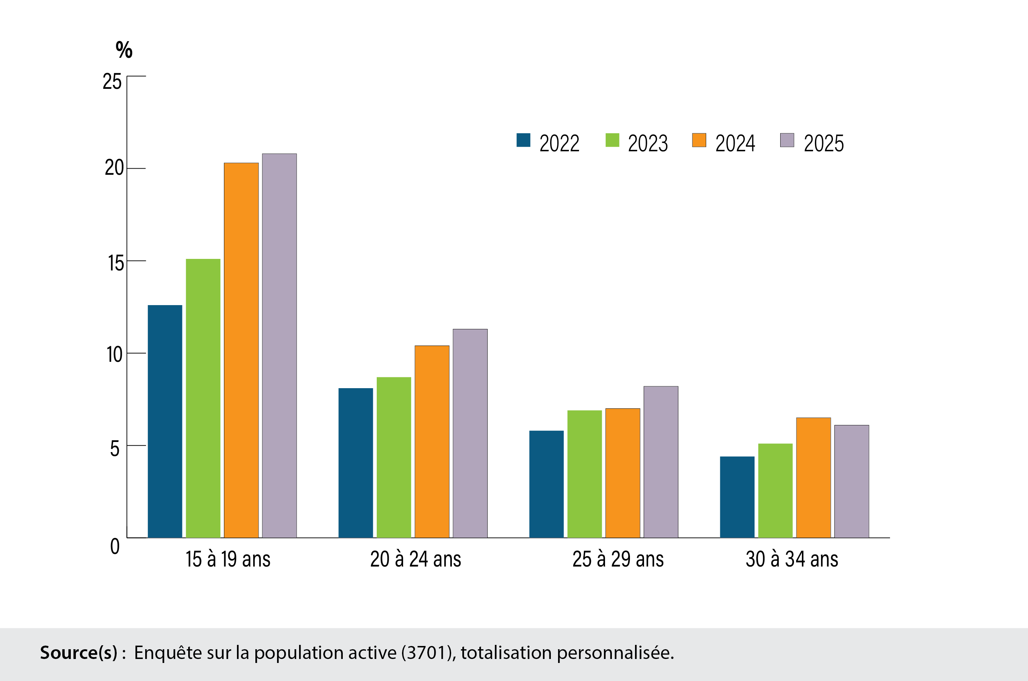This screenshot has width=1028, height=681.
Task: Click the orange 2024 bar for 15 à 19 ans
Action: [241, 350]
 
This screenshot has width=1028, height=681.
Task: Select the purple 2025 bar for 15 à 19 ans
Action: [279, 346]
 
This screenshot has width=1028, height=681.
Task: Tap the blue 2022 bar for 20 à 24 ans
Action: [355, 463]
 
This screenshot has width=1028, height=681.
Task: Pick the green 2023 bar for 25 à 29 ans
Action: [584, 474]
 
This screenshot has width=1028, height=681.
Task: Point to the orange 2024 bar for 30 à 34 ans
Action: [813, 478]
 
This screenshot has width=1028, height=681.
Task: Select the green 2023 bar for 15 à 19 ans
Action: [203, 398]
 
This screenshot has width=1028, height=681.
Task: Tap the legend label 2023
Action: [647, 143]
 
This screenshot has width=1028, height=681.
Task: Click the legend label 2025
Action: [823, 143]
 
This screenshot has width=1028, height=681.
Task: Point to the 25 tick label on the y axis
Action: [112, 82]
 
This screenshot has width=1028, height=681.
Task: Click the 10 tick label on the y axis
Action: [114, 354]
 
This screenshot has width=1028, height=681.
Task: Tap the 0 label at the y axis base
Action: [115, 546]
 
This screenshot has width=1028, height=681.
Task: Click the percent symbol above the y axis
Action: [124, 49]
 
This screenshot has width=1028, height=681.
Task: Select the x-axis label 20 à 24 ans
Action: [415, 559]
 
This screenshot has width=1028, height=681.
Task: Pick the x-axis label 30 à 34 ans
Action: [792, 559]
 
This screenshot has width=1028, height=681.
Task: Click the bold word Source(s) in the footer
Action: [79, 653]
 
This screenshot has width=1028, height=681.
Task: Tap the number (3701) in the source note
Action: [428, 653]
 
